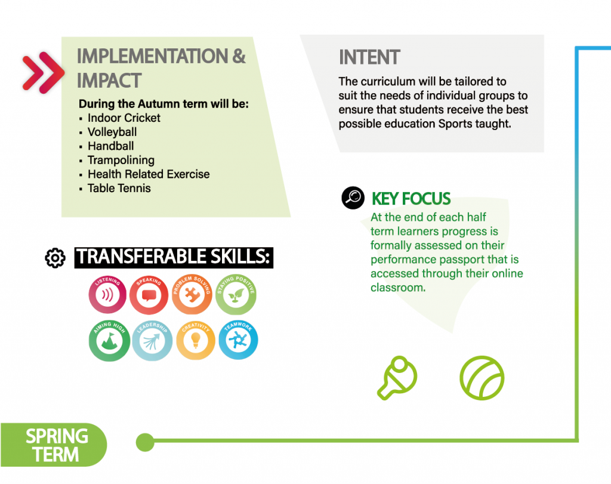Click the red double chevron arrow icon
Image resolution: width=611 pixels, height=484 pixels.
[x=43, y=72]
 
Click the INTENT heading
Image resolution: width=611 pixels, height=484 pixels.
[x=369, y=57]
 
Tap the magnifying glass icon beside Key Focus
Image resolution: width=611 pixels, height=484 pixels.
[x=353, y=198]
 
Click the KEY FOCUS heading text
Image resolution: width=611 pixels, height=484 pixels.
[x=411, y=199]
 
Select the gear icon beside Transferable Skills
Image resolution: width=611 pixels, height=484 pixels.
[x=55, y=258]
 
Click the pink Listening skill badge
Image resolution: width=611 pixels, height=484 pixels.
[x=107, y=295]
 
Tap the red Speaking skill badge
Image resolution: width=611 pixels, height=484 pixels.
[x=149, y=295]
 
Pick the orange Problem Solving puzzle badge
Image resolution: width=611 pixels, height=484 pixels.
[x=192, y=295]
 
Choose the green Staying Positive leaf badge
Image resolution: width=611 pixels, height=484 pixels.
[x=236, y=295]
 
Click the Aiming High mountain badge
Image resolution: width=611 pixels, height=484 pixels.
[x=110, y=341]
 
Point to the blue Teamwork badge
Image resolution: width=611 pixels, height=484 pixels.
[x=238, y=340]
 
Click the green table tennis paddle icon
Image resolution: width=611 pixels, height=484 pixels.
[x=397, y=378]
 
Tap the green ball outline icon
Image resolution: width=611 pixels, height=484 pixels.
[x=482, y=378]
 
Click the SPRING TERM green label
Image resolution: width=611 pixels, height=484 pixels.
[x=54, y=445]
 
